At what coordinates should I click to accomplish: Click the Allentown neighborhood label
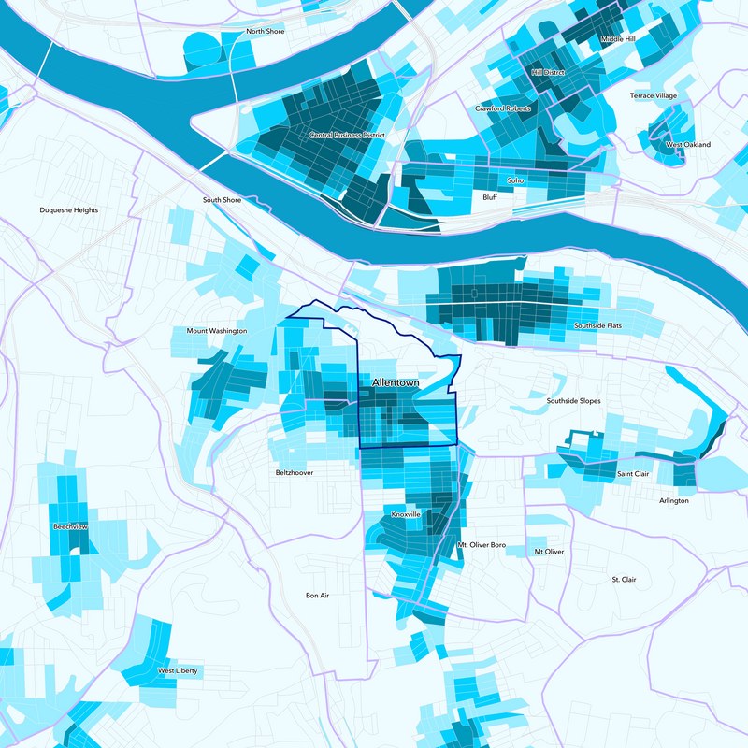[396, 383]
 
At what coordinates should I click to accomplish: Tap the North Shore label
[265, 32]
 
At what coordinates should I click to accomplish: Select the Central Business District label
[347, 136]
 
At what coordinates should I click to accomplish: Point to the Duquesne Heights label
[69, 210]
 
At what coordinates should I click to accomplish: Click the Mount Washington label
[217, 331]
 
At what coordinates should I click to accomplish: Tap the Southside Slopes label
[573, 401]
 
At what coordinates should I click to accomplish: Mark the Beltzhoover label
[295, 473]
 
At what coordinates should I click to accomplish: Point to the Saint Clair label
[633, 474]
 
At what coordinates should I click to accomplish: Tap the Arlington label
[673, 501]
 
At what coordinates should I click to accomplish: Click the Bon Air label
[318, 596]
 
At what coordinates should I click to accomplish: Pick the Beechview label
[71, 527]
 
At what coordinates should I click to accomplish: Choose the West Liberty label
[177, 671]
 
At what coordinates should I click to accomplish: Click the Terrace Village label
[653, 96]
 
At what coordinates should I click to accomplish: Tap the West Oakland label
[688, 145]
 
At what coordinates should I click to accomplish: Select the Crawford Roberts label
[503, 108]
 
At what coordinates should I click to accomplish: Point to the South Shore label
[223, 200]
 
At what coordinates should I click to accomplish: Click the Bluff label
[490, 198]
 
